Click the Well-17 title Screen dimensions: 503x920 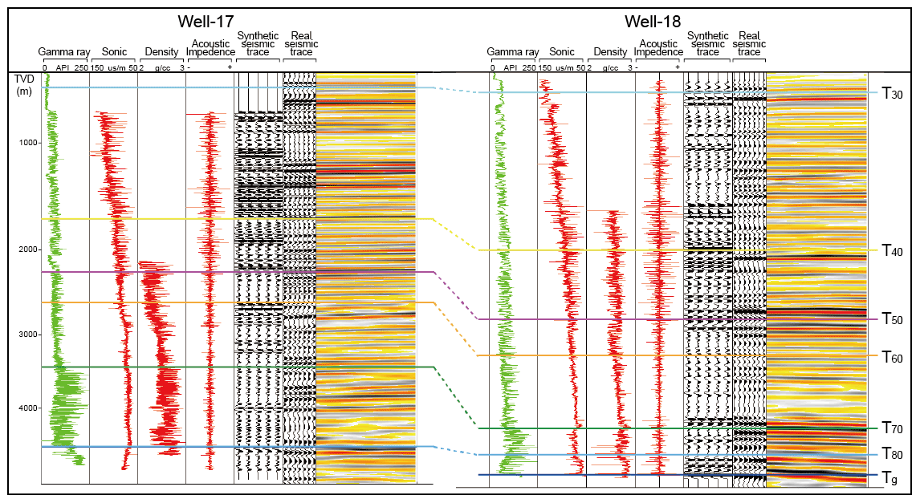(211, 22)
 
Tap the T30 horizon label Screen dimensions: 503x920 (892, 94)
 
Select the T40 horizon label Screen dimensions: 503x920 (892, 251)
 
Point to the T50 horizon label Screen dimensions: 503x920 (892, 319)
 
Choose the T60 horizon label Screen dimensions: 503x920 (892, 356)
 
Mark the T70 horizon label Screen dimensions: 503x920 (892, 428)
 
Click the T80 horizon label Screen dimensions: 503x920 (892, 455)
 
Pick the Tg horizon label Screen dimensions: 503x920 (888, 478)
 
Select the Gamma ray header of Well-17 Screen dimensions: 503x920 (64, 52)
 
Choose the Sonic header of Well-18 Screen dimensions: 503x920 (561, 52)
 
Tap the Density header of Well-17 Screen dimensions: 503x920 (161, 52)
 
